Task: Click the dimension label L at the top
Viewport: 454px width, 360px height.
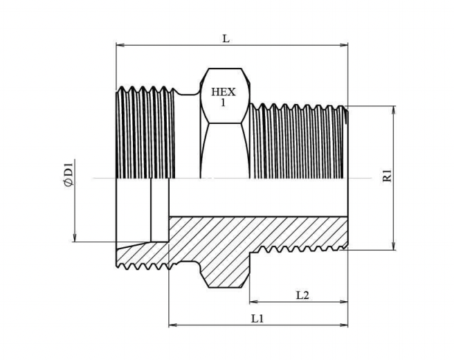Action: click(x=226, y=39)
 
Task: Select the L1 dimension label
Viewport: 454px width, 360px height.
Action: click(x=257, y=318)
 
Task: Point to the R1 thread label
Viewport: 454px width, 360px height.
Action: click(x=388, y=177)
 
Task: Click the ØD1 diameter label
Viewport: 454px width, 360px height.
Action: click(x=68, y=173)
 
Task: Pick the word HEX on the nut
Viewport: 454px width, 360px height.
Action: click(x=224, y=92)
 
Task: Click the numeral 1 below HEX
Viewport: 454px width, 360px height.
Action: click(x=224, y=102)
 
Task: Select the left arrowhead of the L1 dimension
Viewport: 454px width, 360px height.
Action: click(x=172, y=324)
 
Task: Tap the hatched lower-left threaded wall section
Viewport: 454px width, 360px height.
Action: click(x=142, y=255)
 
